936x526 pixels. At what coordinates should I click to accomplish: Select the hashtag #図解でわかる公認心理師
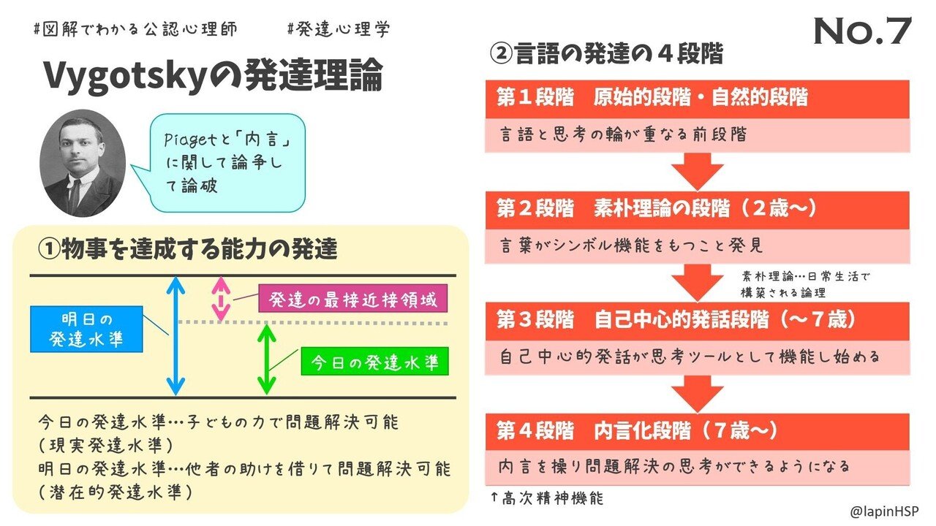(135, 29)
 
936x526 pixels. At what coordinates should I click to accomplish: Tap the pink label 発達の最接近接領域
(352, 300)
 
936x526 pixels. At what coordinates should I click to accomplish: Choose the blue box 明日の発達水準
(87, 329)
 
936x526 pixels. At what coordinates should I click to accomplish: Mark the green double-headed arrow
(268, 359)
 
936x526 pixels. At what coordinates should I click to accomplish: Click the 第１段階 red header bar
(696, 99)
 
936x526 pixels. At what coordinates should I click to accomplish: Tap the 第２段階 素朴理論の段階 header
(696, 210)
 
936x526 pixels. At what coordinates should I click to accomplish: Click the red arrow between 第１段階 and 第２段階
(696, 172)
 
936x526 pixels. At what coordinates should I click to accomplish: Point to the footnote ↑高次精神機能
(548, 499)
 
